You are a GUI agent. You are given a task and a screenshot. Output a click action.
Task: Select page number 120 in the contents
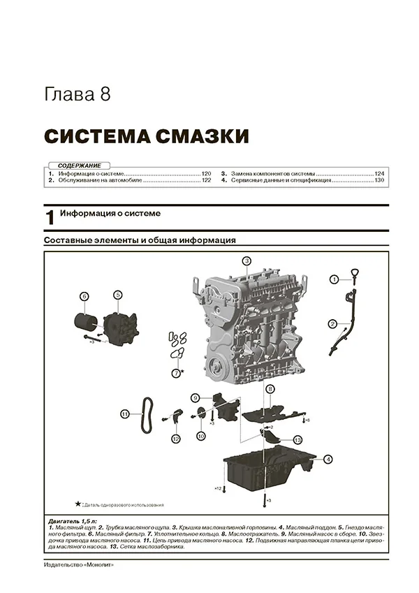[206, 173]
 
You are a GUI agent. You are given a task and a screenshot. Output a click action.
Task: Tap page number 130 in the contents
[379, 180]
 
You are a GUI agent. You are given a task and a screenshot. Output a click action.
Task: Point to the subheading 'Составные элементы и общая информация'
[139, 240]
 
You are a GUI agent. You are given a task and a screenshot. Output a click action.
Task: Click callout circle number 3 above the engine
[247, 261]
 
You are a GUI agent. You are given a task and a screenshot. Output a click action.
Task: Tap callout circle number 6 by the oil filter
[84, 295]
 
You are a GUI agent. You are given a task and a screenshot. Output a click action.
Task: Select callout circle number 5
[118, 295]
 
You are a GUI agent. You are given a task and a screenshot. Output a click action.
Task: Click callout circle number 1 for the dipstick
[335, 279]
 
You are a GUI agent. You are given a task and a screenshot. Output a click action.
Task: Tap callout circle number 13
[297, 439]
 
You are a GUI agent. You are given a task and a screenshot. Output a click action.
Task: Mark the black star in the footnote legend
[78, 503]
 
